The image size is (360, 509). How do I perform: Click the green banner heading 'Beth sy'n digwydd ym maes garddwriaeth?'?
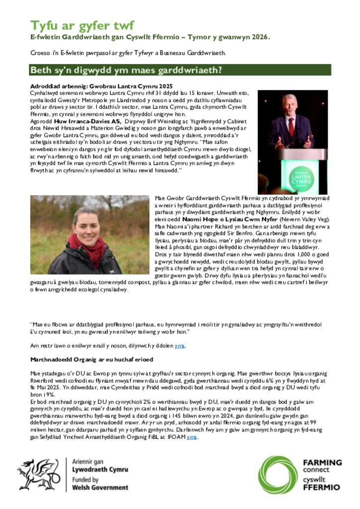click(x=126, y=70)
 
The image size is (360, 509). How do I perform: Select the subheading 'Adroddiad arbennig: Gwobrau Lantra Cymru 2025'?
click(x=101, y=86)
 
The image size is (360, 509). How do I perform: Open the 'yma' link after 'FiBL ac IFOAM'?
click(x=192, y=437)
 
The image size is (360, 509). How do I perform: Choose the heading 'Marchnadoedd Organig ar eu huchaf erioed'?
click(x=91, y=359)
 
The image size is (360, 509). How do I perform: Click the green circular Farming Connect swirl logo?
click(x=277, y=475)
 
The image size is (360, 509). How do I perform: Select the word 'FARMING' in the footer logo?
click(x=322, y=462)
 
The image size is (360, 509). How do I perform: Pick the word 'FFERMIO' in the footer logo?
click(x=322, y=488)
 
